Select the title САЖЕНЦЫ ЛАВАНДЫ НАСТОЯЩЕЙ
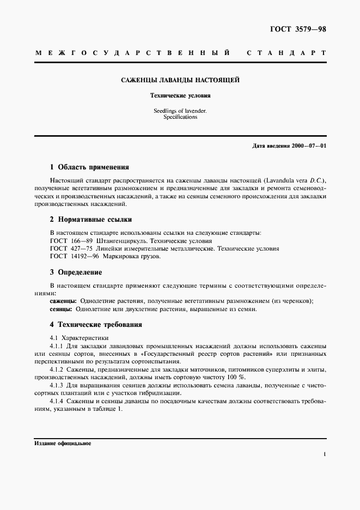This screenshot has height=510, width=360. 180,80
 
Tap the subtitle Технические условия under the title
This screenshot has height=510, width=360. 180,95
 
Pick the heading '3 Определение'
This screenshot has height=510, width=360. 76,272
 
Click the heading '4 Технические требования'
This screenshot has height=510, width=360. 96,324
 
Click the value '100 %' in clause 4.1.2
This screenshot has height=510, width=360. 235,377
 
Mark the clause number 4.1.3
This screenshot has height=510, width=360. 57,385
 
